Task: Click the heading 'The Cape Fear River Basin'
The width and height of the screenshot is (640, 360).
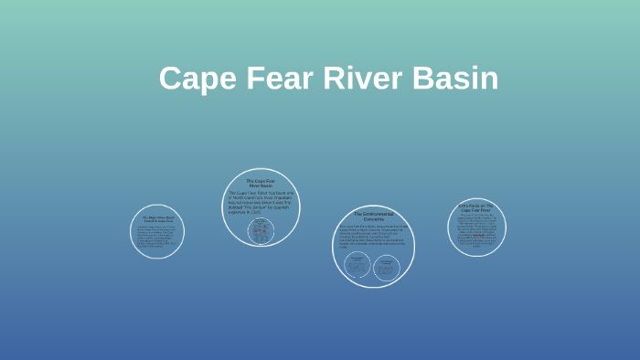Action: tap(261, 183)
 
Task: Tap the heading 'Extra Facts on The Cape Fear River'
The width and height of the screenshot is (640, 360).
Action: tap(476, 208)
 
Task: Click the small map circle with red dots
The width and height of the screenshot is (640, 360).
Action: tap(261, 231)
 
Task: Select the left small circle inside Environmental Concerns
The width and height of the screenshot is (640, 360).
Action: tap(357, 266)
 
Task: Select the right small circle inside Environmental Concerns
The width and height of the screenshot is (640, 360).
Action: tap(388, 266)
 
